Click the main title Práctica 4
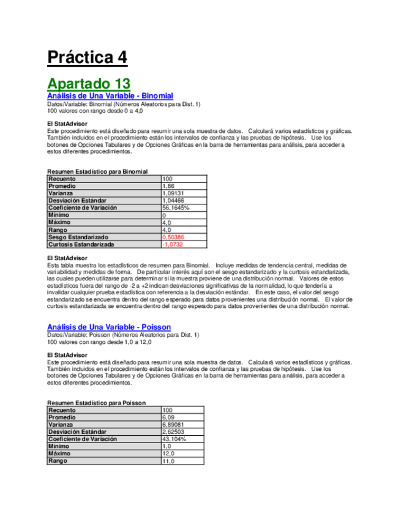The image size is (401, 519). point(87,58)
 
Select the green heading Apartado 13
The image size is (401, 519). point(89,83)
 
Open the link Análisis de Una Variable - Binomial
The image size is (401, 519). point(110,96)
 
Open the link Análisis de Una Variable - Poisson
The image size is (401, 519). point(109,327)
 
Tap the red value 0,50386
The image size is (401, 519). point(174,237)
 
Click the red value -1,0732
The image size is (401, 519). point(173,244)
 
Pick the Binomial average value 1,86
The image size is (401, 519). point(168,186)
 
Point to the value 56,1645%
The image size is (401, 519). point(176,208)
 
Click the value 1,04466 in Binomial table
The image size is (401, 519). point(174,201)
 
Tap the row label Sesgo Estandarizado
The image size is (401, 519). point(78,237)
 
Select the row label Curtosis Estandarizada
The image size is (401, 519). point(81,244)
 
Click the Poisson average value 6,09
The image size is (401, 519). point(168,417)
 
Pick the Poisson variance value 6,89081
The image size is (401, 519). point(174,425)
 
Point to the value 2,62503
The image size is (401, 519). point(174,432)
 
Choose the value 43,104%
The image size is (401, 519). point(174,439)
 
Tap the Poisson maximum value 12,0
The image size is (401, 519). point(168,454)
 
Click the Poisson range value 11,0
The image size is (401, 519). point(168,461)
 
